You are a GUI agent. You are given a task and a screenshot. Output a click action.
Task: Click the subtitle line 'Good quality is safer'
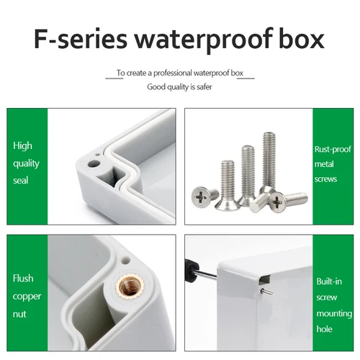180,86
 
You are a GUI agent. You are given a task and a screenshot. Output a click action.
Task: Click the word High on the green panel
22,145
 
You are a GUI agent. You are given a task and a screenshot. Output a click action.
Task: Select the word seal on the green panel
21,180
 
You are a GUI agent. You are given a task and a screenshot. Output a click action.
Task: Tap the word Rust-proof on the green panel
333,150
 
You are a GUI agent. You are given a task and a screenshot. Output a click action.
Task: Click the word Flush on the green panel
23,278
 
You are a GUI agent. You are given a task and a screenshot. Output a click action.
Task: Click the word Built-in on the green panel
330,282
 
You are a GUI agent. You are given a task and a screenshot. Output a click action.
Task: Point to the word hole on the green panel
323,330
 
